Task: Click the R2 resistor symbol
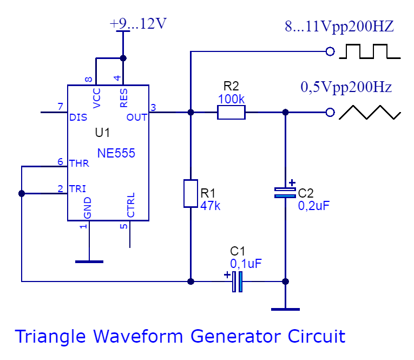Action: coord(231,113)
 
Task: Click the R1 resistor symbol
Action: coord(190,193)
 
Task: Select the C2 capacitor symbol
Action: coord(285,192)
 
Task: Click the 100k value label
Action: coord(231,99)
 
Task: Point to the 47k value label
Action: coord(211,206)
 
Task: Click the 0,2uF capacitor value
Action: coord(314,206)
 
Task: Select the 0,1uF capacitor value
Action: coord(246,264)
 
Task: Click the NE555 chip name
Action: coord(116,154)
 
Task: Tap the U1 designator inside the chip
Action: coord(102,133)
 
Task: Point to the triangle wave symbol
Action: coord(370,112)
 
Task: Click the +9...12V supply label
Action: coord(138,24)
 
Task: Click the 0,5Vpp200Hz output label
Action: coord(346,87)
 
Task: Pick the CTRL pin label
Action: coord(131,205)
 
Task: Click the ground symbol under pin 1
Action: coord(89,261)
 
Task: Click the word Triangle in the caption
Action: coord(51,336)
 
